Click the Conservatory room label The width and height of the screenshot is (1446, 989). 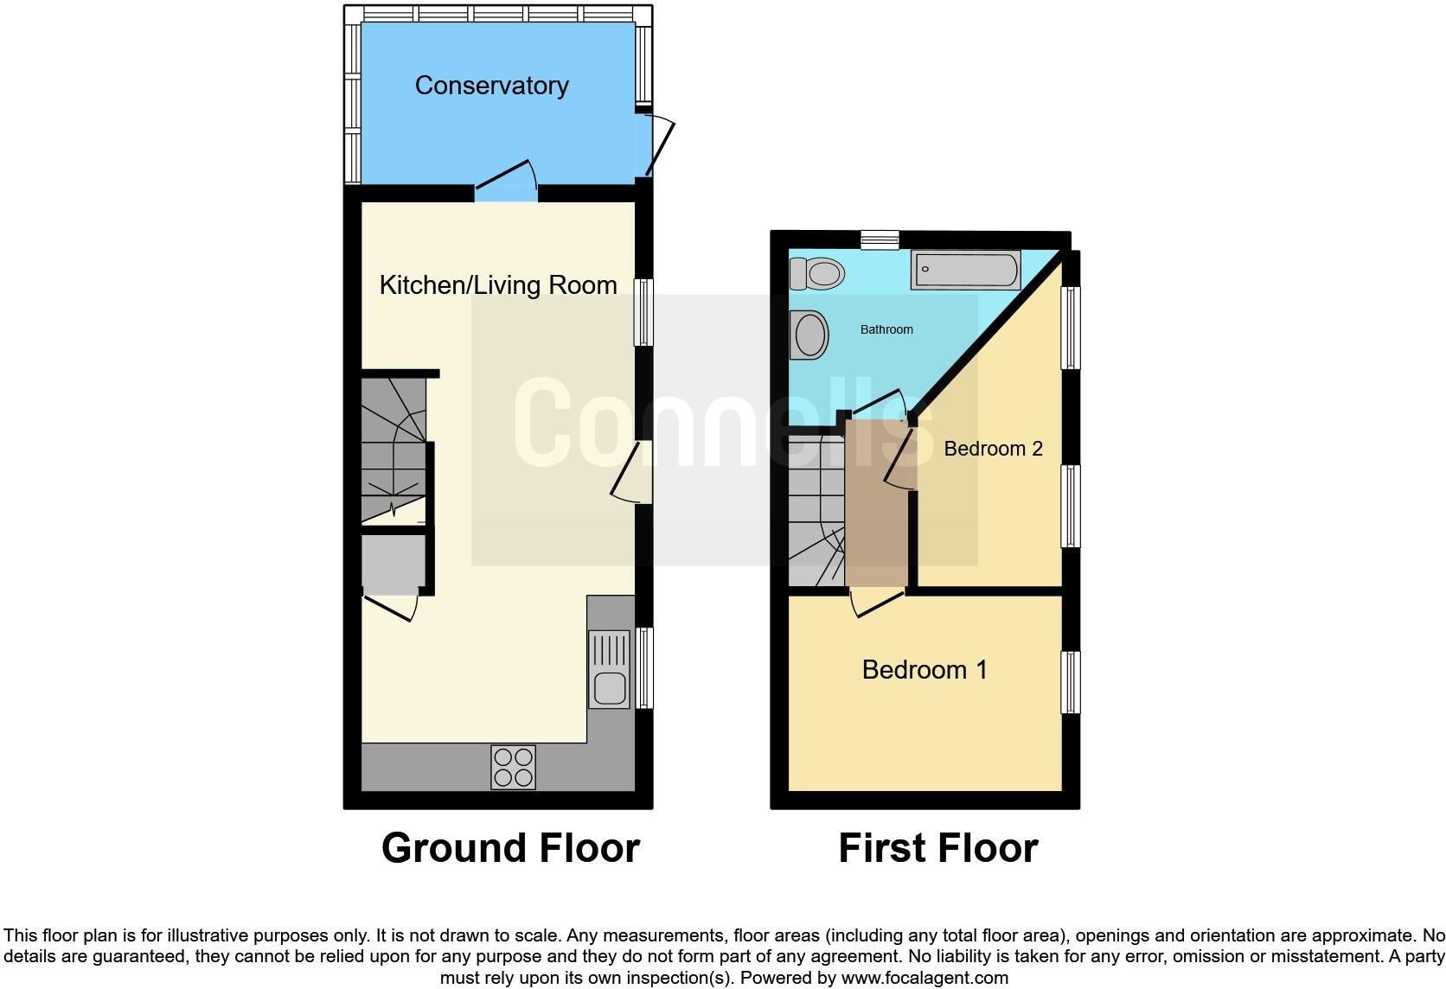pos(491,86)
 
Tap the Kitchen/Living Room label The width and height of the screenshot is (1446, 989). pos(498,285)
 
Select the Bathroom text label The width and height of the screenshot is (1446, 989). pos(886,329)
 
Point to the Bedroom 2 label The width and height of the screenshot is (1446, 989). pos(993,448)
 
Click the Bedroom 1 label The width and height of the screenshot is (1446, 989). pos(925,669)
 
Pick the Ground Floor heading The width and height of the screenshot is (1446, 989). pos(510,848)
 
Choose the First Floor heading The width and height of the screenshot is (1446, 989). pos(937,848)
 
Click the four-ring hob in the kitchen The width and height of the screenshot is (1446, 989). pos(513,767)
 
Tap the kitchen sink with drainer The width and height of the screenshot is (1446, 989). pos(610,668)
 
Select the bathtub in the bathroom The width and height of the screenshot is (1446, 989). pos(965,270)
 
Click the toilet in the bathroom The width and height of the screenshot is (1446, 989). pos(816,275)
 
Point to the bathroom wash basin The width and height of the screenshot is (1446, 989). pos(810,334)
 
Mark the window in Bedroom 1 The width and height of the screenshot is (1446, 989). pos(1071,682)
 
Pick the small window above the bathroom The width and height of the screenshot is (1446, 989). pos(880,239)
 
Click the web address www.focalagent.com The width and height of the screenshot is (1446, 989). pos(925,979)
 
